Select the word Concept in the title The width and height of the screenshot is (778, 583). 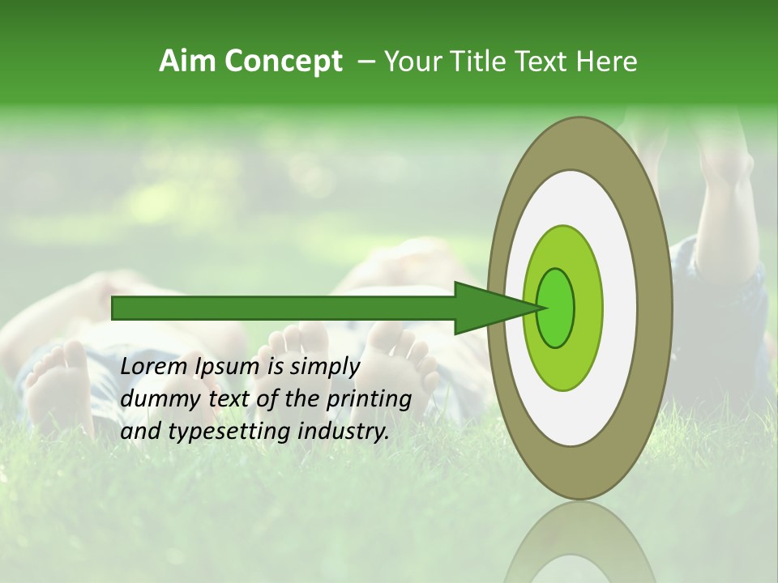tap(283, 62)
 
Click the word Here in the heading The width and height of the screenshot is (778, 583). tap(608, 62)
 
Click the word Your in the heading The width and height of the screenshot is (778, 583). tap(410, 62)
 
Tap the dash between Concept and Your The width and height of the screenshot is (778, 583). tap(365, 62)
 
